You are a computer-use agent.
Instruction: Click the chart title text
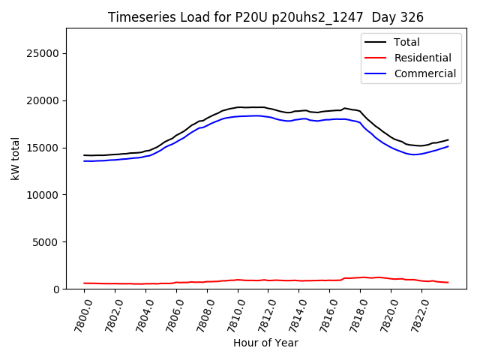tap(265, 17)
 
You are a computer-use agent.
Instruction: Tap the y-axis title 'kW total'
tap(16, 158)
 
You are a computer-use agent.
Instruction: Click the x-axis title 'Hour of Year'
tap(265, 343)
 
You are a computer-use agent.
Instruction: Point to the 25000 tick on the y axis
tap(44, 53)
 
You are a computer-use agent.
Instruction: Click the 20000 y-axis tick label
tap(44, 100)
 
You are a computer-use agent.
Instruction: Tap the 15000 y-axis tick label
tap(44, 148)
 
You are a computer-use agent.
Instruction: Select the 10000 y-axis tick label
tap(44, 195)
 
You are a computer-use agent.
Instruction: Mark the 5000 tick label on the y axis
tap(47, 242)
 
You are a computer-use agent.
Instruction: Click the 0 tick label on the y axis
tap(57, 289)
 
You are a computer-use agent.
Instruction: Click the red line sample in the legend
tap(374, 58)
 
